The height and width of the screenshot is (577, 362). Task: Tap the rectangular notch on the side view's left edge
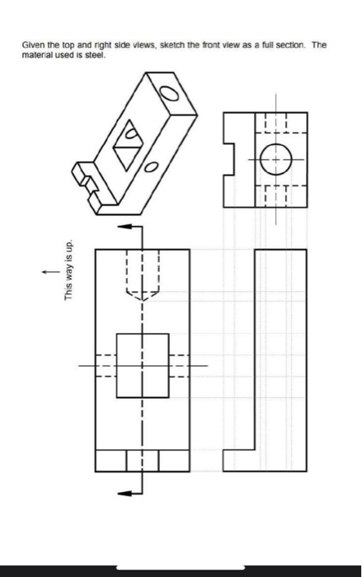pos(230,159)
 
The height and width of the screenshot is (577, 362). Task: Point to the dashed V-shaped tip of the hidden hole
pos(143,294)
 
